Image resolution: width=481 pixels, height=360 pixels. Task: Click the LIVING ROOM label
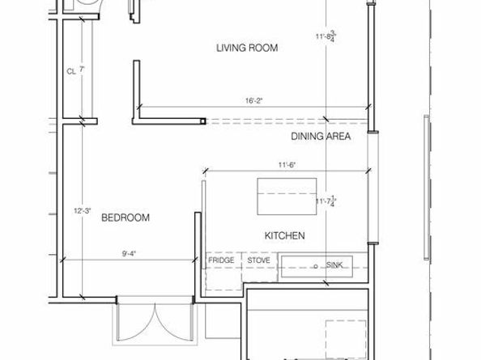[x=247, y=49]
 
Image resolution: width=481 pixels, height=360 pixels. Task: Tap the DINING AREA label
[x=320, y=137]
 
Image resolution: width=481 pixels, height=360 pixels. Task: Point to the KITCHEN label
[x=284, y=236]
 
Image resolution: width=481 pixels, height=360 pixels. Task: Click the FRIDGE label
[x=220, y=261]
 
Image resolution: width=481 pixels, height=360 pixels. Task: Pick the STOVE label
[x=259, y=261]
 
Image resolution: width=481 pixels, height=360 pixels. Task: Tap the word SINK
[x=334, y=265]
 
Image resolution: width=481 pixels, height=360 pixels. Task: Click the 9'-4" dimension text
[x=129, y=253]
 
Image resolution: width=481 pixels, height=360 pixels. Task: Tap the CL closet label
[x=70, y=71]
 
